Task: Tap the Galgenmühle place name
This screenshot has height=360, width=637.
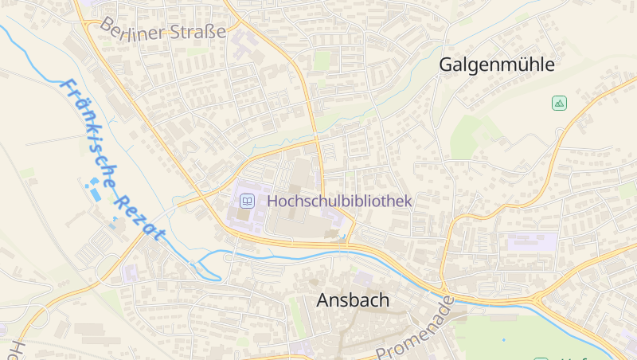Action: pos(496,65)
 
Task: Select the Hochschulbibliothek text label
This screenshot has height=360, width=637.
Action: pos(340,201)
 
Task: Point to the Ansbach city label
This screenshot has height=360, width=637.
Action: pos(353,300)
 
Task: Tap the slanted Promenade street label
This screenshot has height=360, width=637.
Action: pos(414,331)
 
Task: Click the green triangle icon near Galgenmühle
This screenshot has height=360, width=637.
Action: pos(559,103)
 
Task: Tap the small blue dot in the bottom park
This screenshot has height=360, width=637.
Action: pos(502,340)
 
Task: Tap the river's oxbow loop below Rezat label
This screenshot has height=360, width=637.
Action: pos(209,267)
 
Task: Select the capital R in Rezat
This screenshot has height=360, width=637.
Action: pos(121,197)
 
